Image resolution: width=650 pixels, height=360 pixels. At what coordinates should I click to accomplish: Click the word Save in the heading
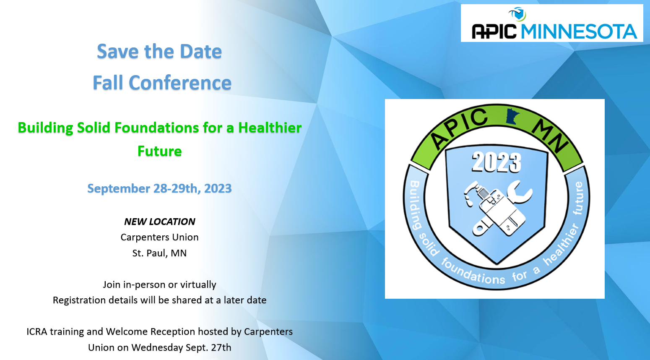[x=118, y=52]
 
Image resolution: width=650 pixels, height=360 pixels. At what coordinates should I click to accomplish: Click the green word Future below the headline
[x=159, y=151]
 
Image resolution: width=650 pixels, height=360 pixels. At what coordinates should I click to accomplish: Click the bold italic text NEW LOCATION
[x=159, y=222]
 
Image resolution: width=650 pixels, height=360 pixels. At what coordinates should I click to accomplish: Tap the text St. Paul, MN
[x=159, y=253]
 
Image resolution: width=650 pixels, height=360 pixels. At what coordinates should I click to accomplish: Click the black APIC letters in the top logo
[x=494, y=31]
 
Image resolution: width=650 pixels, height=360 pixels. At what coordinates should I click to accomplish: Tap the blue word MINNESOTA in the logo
[x=579, y=31]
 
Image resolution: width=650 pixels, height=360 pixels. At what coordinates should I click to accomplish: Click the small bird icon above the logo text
[x=517, y=14]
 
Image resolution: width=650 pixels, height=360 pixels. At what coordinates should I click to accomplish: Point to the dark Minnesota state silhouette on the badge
[x=512, y=116]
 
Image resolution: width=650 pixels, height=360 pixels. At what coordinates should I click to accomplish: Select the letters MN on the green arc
[x=550, y=136]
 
